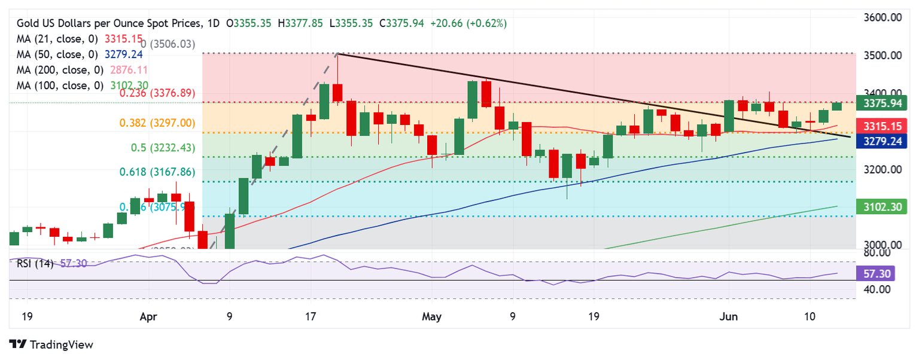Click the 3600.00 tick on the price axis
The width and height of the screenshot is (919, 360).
pos(884,18)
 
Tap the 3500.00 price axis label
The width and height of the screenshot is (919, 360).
pos(884,56)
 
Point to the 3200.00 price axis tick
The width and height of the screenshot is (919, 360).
pos(884,170)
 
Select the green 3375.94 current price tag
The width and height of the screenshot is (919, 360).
pos(883,103)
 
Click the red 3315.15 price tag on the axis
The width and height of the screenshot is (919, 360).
pos(883,126)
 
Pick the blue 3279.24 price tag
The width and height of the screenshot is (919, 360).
pos(883,141)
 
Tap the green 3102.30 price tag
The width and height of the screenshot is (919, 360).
pos(883,208)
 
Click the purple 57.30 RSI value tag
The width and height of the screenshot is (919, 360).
pos(883,273)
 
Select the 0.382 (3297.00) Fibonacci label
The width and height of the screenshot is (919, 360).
pos(157,123)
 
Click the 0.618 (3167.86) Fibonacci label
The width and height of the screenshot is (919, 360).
pos(157,172)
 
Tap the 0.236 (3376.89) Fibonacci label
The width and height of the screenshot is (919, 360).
pos(157,93)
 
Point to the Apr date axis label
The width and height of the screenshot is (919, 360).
pos(149,316)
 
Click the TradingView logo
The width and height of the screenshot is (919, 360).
pos(52,345)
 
